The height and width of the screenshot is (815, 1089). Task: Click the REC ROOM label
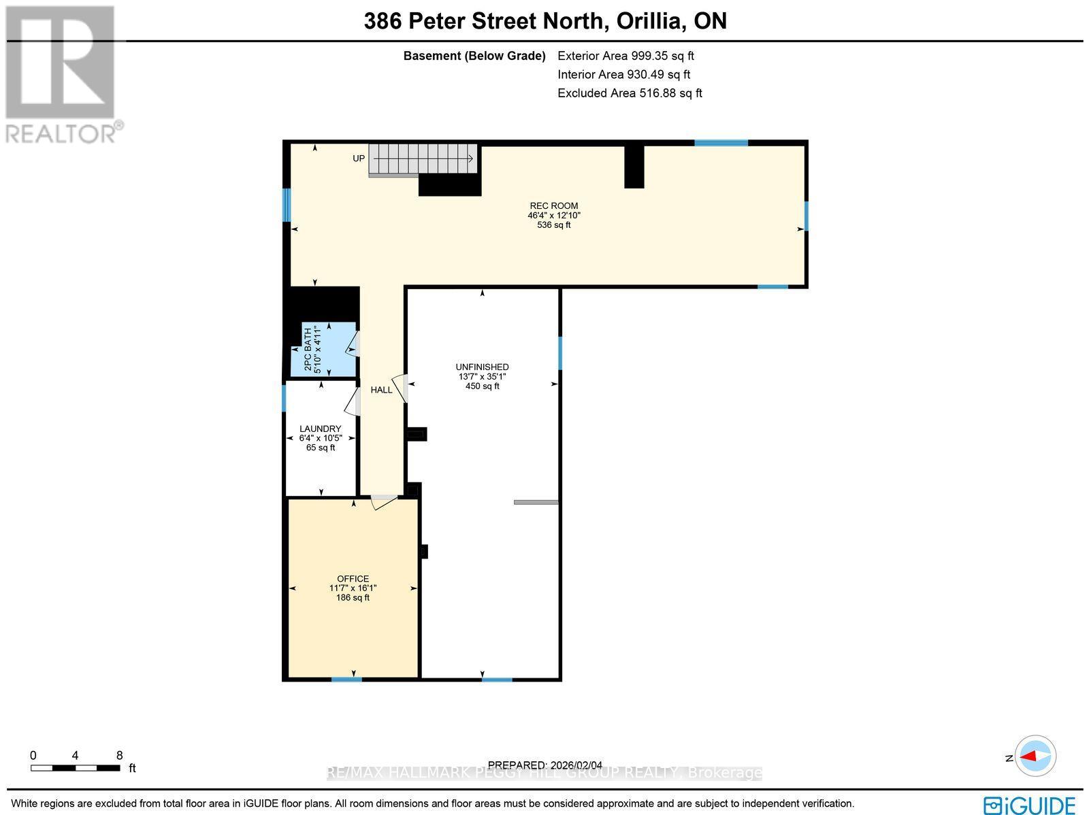click(553, 206)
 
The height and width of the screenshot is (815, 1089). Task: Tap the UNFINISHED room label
click(482, 367)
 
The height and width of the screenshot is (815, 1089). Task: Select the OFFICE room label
click(353, 579)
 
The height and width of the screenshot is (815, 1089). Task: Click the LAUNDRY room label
click(320, 429)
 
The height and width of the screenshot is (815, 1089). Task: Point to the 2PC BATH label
click(308, 350)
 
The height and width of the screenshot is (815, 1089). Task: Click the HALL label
click(381, 390)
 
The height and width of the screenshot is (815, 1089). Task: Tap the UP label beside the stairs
click(359, 159)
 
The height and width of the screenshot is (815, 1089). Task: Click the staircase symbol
click(423, 159)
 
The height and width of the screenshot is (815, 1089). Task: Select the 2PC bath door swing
click(352, 344)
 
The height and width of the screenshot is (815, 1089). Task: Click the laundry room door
click(352, 401)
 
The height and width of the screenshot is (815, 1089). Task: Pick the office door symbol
click(384, 502)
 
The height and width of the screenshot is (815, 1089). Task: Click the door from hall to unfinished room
click(400, 388)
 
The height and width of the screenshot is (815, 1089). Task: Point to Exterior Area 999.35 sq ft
click(625, 56)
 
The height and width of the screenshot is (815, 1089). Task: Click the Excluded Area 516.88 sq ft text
click(630, 93)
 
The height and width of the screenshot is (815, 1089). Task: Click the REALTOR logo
click(63, 75)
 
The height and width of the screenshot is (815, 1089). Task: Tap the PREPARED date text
click(544, 765)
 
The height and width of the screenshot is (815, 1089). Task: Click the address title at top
click(545, 21)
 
